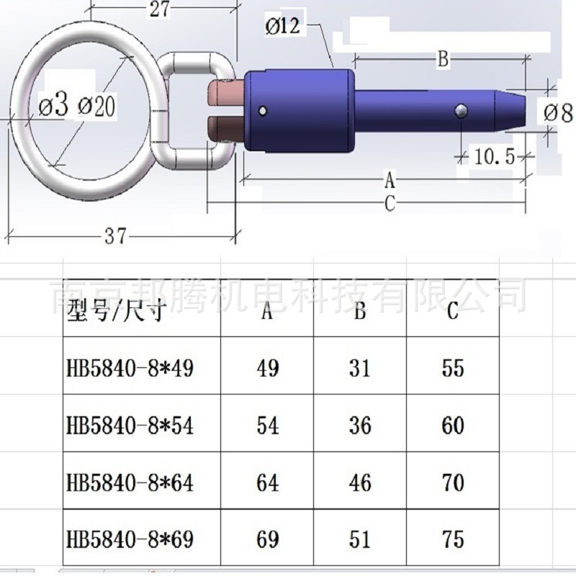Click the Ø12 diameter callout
[282, 27]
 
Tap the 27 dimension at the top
[159, 9]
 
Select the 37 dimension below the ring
[116, 236]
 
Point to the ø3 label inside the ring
[53, 105]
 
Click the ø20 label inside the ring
[96, 106]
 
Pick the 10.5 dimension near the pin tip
[495, 157]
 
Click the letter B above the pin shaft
[444, 58]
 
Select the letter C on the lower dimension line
[390, 203]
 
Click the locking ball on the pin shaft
[461, 111]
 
